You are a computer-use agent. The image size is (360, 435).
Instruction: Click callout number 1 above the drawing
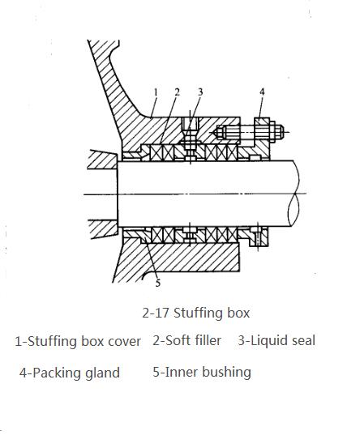156,92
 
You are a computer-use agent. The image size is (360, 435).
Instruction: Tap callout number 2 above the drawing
178,92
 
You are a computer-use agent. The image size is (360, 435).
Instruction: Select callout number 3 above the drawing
200,92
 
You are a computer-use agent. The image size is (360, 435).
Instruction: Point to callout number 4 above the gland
262,92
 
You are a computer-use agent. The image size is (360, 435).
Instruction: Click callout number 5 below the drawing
158,284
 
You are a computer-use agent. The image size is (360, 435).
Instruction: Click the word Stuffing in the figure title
198,313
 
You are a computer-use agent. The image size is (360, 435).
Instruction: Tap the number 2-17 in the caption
156,313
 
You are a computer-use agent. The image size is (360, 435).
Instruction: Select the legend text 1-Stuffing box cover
78,342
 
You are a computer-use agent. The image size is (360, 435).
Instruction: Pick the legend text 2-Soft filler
187,340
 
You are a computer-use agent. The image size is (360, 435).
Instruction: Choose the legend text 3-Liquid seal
276,341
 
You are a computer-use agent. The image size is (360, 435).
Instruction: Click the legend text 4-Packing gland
70,373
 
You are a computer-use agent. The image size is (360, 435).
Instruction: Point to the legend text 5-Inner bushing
202,373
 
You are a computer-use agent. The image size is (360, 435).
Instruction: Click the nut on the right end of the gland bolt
279,132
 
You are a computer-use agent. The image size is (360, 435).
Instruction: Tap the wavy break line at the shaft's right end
294,194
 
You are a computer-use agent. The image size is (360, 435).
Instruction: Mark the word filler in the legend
208,340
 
